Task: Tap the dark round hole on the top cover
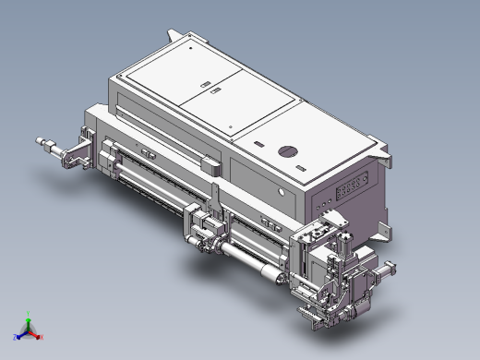coord(287,150)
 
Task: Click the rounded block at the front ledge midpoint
coord(210,167)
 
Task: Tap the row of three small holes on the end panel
coord(324,200)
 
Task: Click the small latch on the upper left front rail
coord(146,152)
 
